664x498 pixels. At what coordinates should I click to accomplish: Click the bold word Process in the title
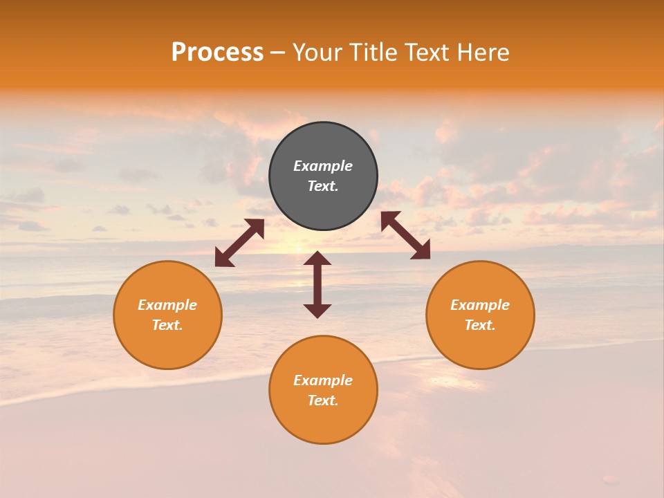217,53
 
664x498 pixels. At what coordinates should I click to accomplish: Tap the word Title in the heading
373,53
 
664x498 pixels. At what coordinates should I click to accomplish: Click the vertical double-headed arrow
317,284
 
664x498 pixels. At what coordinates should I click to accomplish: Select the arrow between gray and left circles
239,243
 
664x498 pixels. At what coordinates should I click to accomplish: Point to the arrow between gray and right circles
405,235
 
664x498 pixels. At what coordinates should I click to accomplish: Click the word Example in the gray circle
323,166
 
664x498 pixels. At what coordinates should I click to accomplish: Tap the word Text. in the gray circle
323,186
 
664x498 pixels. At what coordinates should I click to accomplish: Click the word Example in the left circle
167,305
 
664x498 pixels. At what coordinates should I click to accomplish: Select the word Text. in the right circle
480,325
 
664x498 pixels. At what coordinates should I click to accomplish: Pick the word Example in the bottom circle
323,380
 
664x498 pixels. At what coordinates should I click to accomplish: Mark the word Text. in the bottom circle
323,400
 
